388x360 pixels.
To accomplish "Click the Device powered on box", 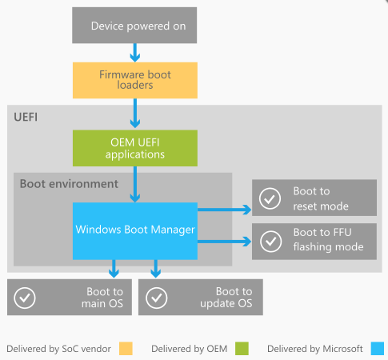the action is click(134, 26).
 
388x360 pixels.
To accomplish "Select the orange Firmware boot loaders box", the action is click(135, 80).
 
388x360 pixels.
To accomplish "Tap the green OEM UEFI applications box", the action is click(135, 148).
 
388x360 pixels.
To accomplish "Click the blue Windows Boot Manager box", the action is click(135, 231).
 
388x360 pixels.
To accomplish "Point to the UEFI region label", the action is click(26, 117).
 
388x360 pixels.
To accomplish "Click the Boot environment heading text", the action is click(69, 184).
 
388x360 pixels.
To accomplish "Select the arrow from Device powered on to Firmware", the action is click(135, 53).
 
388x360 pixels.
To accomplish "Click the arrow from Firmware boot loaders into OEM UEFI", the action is click(135, 114).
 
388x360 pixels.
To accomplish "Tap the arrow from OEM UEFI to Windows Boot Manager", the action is click(135, 184).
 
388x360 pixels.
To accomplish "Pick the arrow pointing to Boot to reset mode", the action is click(224, 210).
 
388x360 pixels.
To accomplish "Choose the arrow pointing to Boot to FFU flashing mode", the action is click(224, 242).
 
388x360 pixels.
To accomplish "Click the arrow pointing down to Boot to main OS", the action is click(114, 269).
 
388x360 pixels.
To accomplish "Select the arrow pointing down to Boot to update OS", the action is click(156, 269).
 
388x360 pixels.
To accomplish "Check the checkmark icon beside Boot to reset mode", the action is click(270, 198).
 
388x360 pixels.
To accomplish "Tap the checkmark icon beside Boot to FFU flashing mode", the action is click(271, 242).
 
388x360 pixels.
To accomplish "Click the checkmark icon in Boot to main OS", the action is click(25, 298).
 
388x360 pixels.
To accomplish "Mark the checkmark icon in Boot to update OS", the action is click(157, 298).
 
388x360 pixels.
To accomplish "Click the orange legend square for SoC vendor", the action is click(126, 349).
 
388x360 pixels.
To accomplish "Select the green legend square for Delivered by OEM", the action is click(242, 349).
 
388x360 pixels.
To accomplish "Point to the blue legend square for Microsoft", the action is click(378, 349).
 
